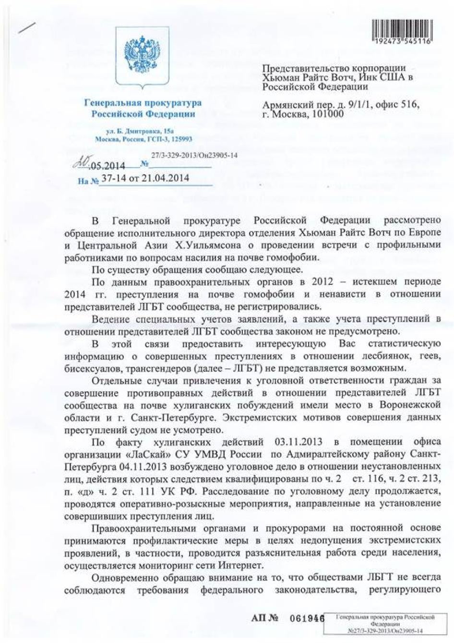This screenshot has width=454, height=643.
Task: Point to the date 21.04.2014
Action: [166, 178]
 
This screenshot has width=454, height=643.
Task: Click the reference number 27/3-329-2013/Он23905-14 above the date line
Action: [194, 156]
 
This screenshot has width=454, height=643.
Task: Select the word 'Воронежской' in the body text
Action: [412, 405]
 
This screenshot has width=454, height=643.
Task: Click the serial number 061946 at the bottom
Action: [306, 618]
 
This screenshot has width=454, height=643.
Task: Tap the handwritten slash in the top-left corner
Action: [25, 25]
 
